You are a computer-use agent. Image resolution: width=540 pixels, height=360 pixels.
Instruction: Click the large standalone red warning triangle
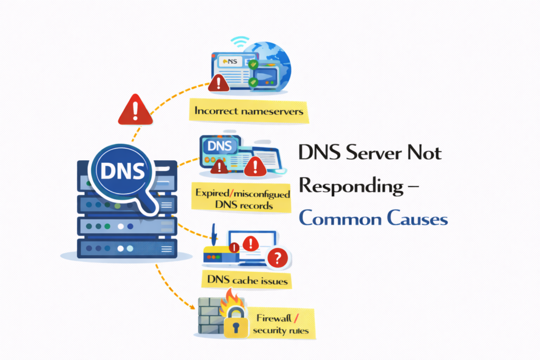click(135, 111)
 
